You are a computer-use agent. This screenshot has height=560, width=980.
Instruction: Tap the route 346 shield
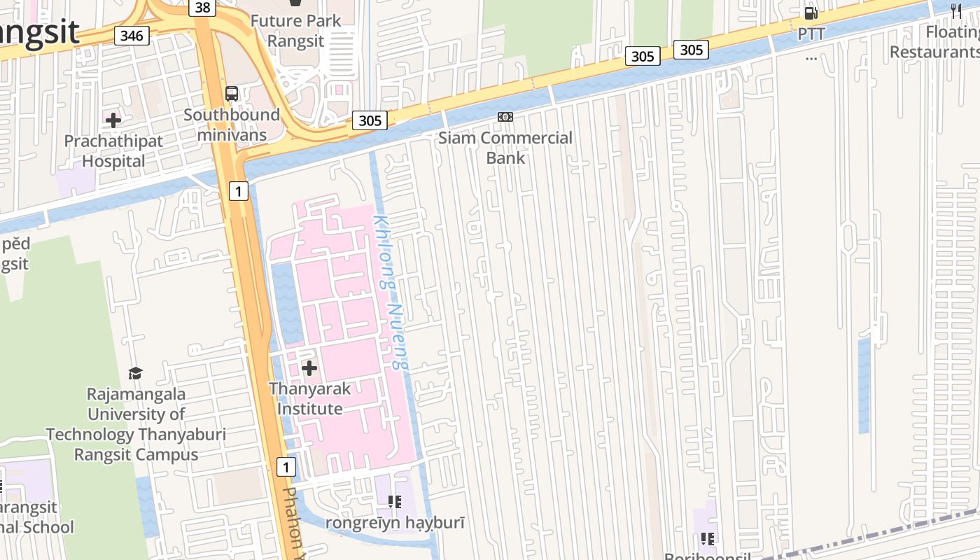[x=132, y=36]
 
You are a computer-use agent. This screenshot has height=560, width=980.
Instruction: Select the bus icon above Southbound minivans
[x=231, y=94]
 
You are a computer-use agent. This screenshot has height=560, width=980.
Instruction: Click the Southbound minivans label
[x=232, y=125]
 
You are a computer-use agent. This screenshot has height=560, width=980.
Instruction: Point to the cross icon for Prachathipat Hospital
[x=113, y=120]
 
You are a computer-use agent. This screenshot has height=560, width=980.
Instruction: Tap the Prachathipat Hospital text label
[x=113, y=151]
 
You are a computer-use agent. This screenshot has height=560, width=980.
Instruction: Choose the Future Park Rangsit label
[x=295, y=31]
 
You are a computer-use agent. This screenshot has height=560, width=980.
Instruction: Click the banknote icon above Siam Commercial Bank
[x=505, y=117]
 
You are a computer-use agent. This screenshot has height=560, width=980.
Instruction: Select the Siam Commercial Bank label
[x=505, y=148]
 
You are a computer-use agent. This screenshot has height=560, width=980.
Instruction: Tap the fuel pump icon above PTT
[x=811, y=13]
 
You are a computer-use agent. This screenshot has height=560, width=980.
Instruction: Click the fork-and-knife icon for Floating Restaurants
[x=957, y=10]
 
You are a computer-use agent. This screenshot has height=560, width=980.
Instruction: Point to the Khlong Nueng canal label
[x=390, y=292]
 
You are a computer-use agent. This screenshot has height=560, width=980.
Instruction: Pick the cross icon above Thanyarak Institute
[x=309, y=368]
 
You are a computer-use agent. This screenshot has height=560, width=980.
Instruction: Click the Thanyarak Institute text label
[x=309, y=398]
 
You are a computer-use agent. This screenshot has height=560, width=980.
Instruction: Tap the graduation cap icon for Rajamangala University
[x=136, y=373]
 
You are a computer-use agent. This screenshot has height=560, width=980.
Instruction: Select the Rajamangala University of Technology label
[x=136, y=424]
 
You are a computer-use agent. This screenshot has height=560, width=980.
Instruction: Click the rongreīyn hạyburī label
[x=395, y=522]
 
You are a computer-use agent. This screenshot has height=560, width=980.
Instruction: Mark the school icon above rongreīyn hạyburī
[x=395, y=501]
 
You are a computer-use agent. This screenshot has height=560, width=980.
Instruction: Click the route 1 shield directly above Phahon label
[x=286, y=467]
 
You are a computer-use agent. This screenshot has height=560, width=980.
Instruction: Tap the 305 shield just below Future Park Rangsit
[x=370, y=120]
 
